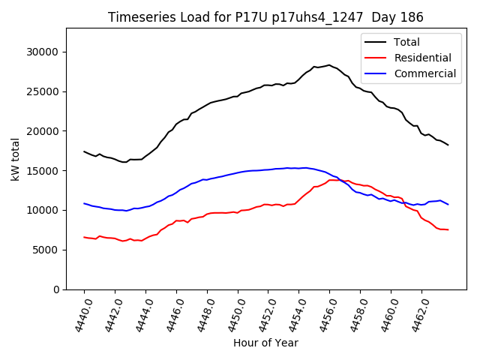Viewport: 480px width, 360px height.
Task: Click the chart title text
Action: (x=265, y=17)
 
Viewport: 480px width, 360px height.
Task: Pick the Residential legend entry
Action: (x=422, y=58)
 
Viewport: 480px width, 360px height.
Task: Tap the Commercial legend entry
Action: (x=424, y=73)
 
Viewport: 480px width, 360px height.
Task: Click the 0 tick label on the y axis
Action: (x=56, y=289)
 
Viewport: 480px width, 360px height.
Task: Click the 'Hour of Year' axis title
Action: (x=265, y=343)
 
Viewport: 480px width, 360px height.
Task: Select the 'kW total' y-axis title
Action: (x=16, y=159)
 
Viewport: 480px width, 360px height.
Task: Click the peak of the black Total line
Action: (x=328, y=64)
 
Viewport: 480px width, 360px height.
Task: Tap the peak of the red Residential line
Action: (x=333, y=180)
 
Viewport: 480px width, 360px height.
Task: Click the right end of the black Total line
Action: (x=448, y=145)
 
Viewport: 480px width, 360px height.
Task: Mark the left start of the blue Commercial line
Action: (x=85, y=203)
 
